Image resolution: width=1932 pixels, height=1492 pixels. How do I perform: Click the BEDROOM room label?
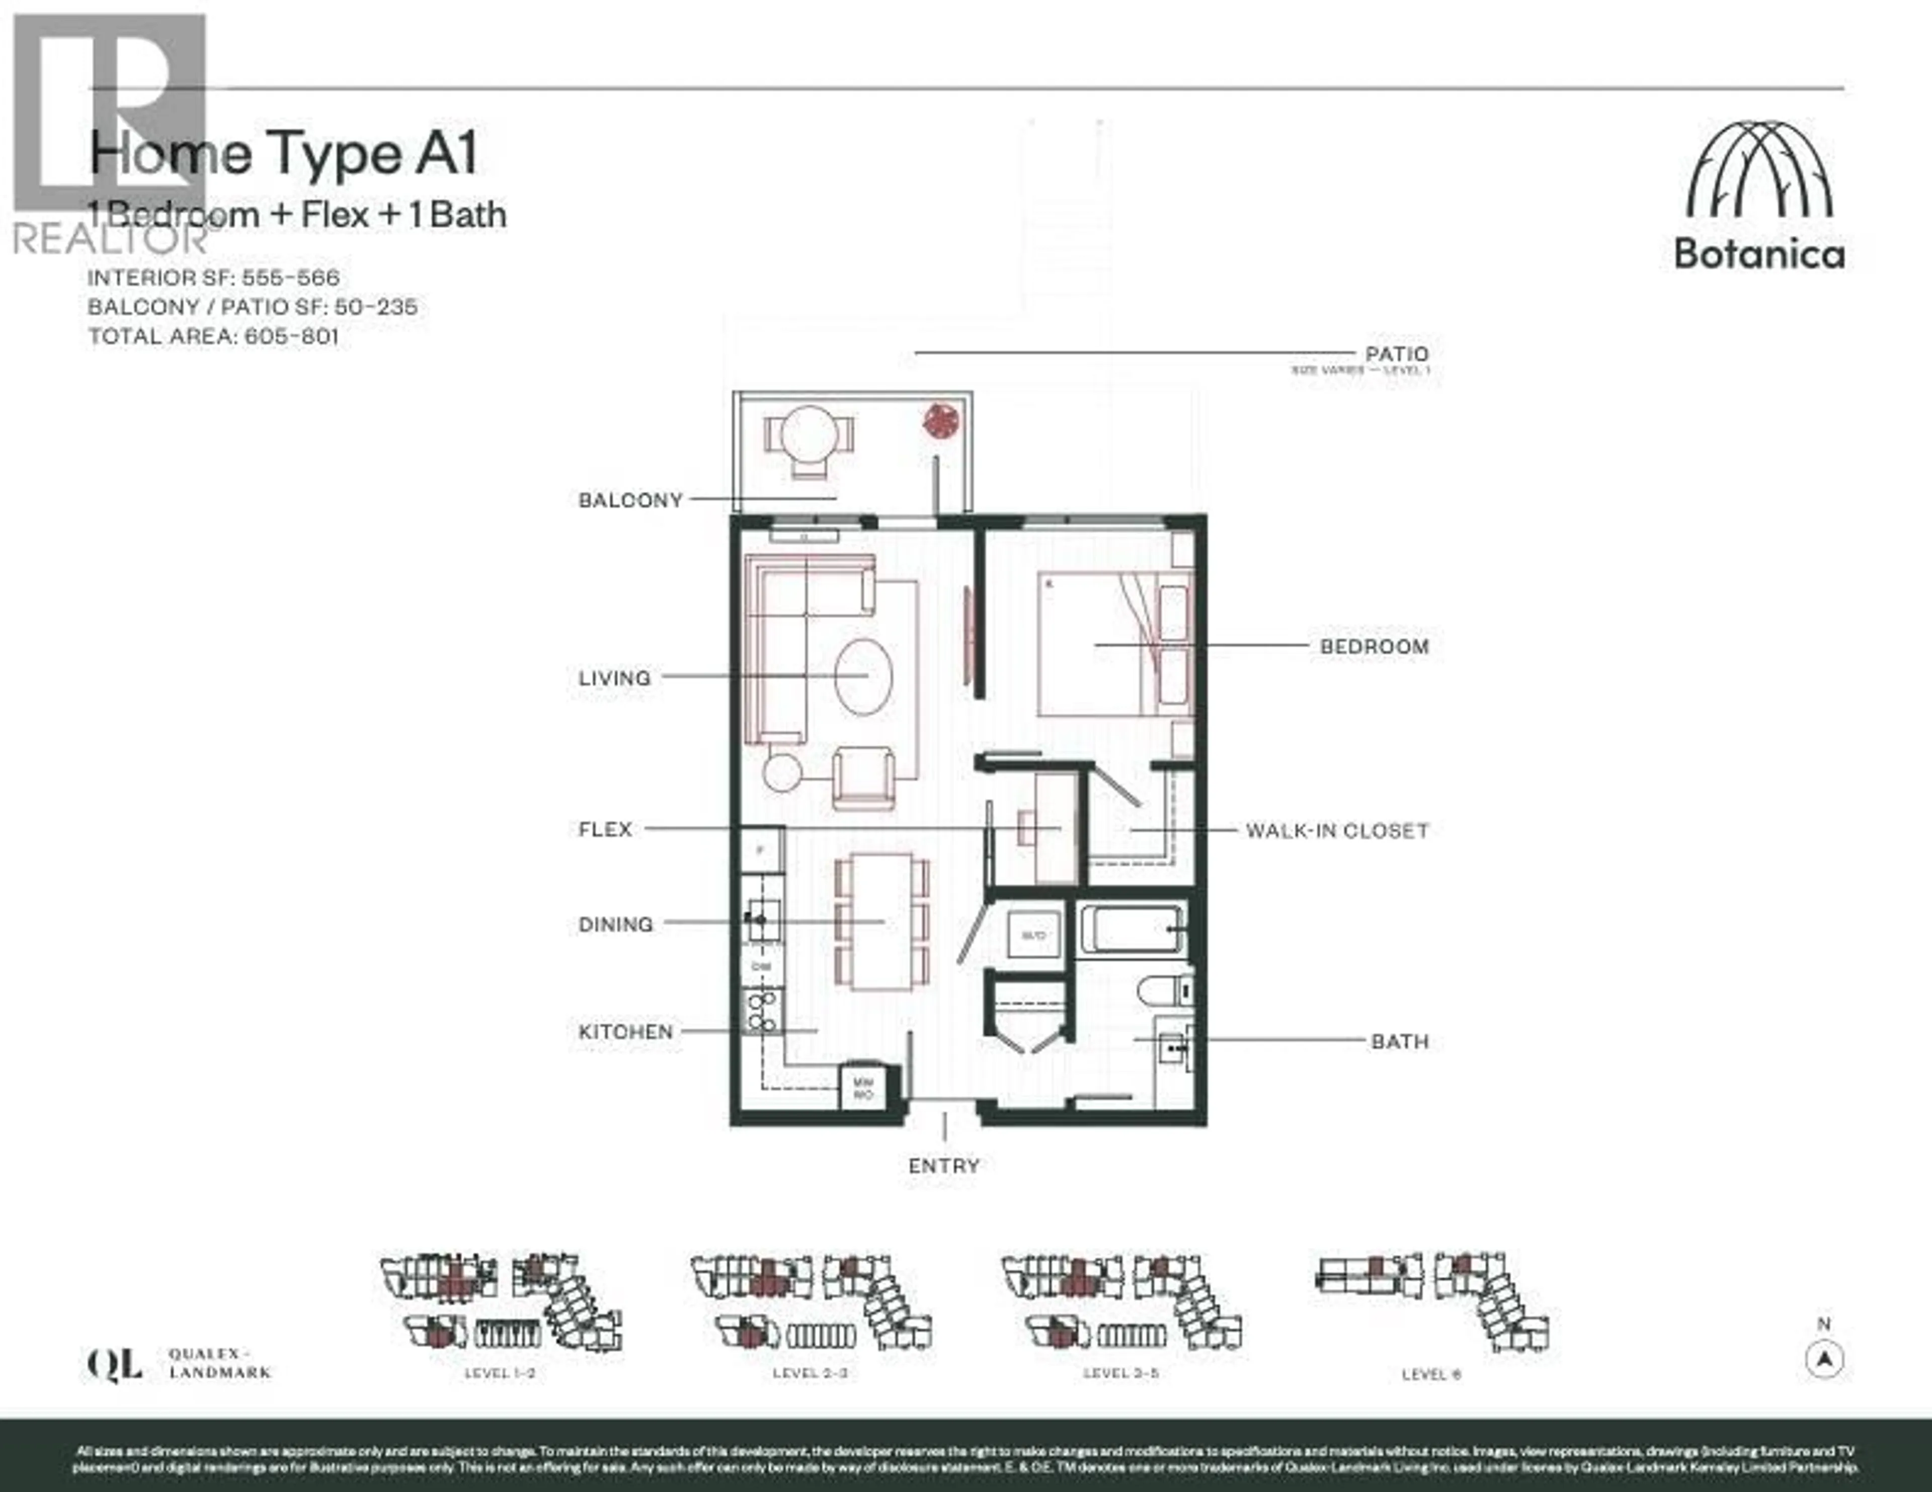(x=1374, y=647)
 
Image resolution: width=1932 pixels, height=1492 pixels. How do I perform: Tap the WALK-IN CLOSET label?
(x=1337, y=830)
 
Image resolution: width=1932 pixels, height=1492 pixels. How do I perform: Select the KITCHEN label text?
(x=625, y=1031)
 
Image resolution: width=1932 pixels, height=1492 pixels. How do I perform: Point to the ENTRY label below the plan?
(x=944, y=1166)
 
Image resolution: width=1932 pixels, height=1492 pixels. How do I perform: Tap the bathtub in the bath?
(x=1131, y=929)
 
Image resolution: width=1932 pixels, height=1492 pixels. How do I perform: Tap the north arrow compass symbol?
(x=1823, y=1359)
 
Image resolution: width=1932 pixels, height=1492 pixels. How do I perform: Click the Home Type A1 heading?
(x=283, y=153)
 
